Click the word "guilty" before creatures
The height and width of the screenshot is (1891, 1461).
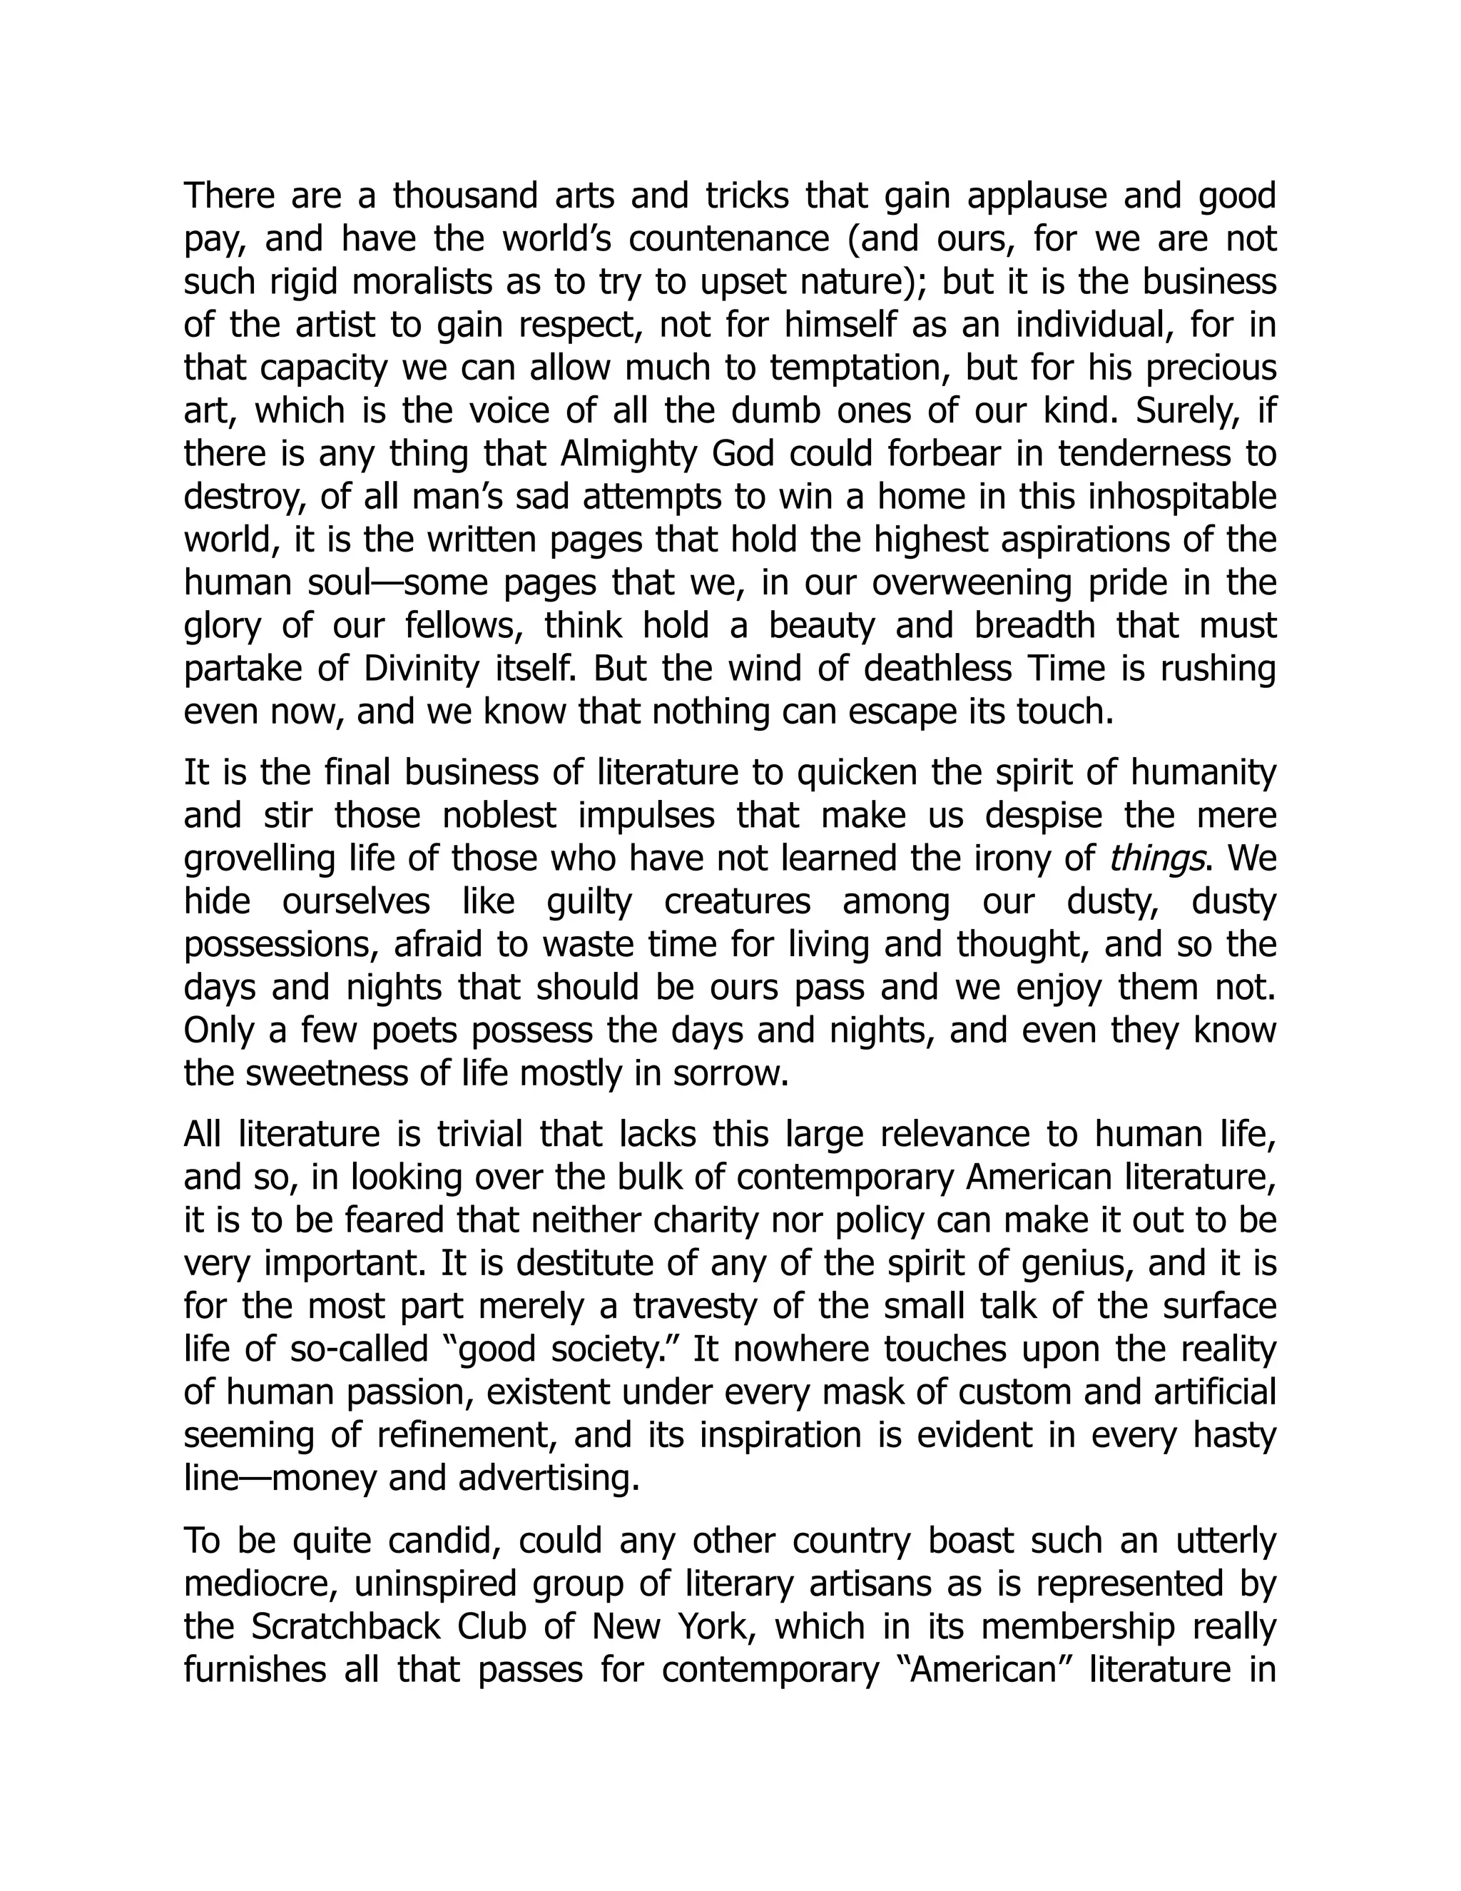point(589,902)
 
